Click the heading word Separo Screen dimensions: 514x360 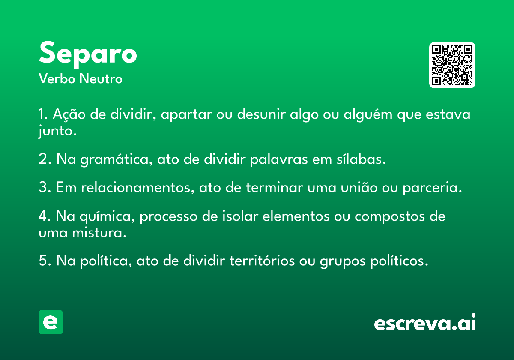coord(88,54)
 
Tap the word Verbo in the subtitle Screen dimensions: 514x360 coord(57,79)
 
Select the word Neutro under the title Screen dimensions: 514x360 coord(101,79)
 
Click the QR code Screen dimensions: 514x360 coord(452,65)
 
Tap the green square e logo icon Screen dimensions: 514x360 coord(51,322)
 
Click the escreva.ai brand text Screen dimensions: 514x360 coord(425,322)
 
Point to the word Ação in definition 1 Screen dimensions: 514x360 coord(69,114)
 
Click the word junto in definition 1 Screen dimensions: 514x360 coord(56,131)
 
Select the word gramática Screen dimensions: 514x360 coord(114,159)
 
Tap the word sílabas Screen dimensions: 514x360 coord(359,159)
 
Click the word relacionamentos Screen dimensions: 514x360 coord(136,187)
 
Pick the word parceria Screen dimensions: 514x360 coord(431,188)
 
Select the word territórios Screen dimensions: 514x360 coord(262,261)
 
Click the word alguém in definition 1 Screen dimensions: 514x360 coord(368,114)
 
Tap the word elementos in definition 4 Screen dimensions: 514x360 coord(296,216)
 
